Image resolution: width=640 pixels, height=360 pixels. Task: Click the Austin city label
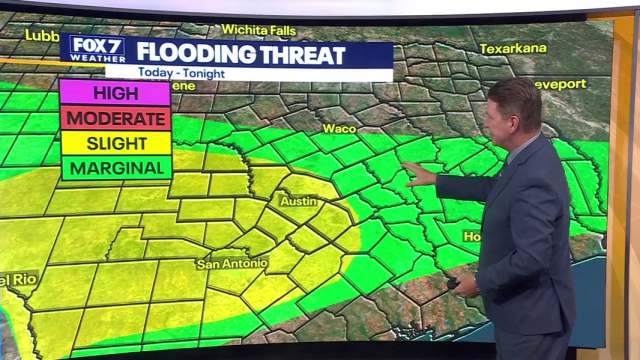pos(298,201)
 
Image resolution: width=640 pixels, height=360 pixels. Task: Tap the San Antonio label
pos(232,263)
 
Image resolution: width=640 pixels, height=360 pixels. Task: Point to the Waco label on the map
pos(339,128)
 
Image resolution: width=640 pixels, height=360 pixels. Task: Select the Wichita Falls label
pos(258,30)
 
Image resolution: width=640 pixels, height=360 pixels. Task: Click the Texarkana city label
pos(513,48)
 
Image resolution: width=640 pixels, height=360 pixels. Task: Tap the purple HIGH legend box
pos(115,93)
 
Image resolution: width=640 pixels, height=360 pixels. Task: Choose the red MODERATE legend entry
pos(115,118)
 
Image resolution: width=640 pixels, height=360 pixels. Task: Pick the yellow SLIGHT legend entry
pos(115,143)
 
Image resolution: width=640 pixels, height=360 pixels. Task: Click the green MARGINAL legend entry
pos(115,168)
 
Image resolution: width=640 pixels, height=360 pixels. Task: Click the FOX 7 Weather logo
pos(97,49)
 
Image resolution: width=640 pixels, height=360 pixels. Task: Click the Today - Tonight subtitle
pos(181,73)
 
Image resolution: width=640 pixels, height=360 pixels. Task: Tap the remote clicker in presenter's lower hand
pos(453,283)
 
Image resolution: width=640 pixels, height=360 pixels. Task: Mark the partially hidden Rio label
pos(18,279)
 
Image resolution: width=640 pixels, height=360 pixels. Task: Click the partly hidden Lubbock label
pos(42,35)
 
